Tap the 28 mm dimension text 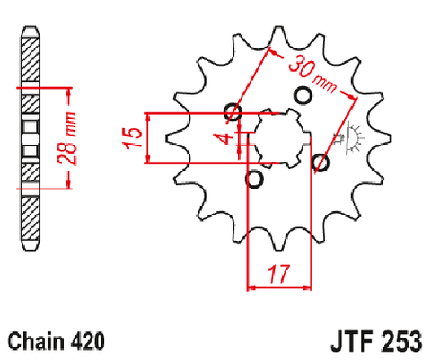coord(66,138)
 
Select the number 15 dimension coord(133,138)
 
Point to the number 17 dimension coord(279,274)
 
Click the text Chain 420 coord(57,341)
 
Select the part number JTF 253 coord(376,341)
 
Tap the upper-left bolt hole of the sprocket coord(233,112)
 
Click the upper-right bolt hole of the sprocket coord(303,96)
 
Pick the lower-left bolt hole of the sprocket coord(254,180)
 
